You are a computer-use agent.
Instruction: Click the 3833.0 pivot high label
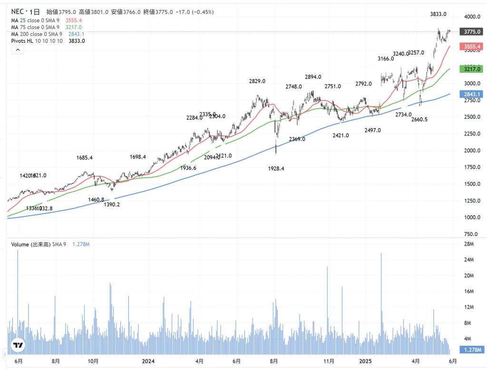438,14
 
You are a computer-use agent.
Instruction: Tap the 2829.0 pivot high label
257,81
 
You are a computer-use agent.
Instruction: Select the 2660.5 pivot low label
420,119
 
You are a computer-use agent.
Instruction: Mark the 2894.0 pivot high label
313,77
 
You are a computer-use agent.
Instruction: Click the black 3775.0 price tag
469,32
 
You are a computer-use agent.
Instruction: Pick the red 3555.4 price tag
469,47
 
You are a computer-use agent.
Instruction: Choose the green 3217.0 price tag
469,69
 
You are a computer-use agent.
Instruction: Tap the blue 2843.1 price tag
469,94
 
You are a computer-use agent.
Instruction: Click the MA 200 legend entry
36,34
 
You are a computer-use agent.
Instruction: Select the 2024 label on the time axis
148,361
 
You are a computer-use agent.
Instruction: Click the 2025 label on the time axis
365,361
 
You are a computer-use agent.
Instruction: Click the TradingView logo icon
18,345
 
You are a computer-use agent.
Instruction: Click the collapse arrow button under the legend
17,50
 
